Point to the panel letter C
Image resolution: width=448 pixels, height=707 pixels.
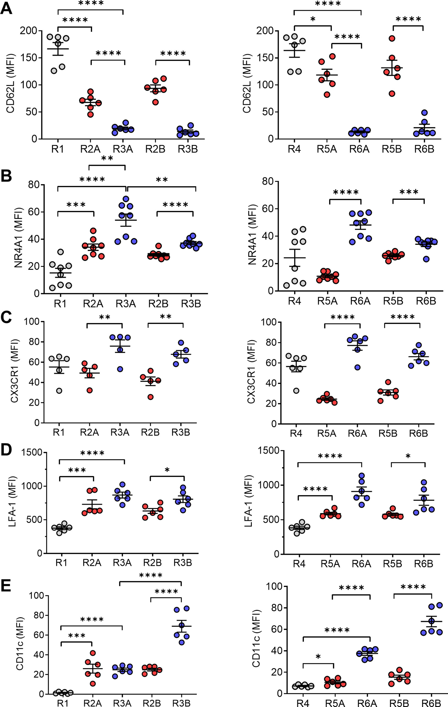click(6, 318)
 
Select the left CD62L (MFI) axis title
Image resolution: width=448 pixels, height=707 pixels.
click(10, 83)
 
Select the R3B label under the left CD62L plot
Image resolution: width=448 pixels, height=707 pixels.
click(188, 149)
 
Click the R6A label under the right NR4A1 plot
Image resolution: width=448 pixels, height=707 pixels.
click(360, 301)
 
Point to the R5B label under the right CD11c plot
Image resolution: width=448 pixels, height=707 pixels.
click(399, 703)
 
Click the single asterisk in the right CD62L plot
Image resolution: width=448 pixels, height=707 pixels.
click(313, 20)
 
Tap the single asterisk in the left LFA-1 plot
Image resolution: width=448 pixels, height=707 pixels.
click(167, 470)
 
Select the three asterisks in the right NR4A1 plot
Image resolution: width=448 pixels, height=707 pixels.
click(409, 192)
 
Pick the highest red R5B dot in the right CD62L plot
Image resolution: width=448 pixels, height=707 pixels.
click(392, 38)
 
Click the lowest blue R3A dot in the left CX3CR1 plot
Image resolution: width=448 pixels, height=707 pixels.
click(120, 369)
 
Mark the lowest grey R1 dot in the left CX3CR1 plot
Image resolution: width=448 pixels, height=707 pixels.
click(59, 391)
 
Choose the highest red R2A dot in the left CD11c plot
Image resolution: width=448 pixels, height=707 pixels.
click(93, 653)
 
